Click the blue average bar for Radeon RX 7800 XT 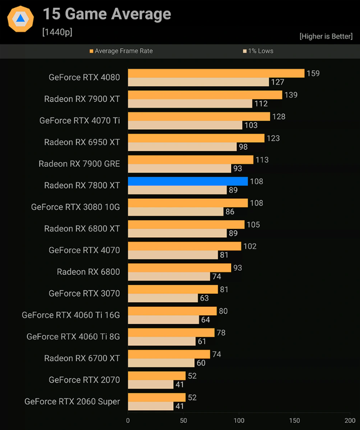pos(188,181)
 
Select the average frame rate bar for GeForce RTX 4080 pos(216,73)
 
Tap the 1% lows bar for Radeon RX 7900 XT pos(190,104)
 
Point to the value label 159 pos(313,73)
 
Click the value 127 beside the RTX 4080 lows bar pos(278,82)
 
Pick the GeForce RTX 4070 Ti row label pos(79,120)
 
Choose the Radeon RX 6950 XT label pos(82,142)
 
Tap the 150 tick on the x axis pos(294,420)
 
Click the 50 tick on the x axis pos(183,420)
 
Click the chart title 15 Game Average pos(107,14)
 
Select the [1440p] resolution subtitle pos(57,32)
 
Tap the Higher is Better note pos(326,37)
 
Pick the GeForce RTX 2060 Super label pos(72,401)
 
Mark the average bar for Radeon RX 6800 pos(179,268)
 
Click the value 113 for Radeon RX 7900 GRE pos(263,160)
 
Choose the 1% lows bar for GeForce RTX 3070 pos(163,298)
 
